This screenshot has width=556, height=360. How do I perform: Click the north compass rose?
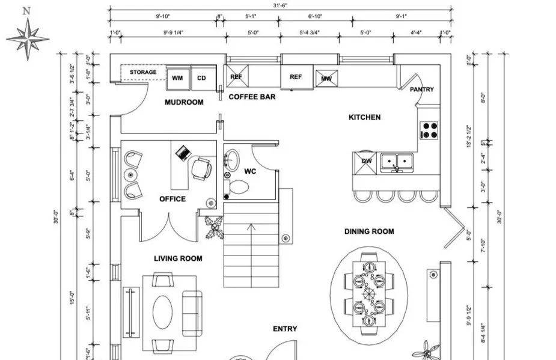(x=28, y=37)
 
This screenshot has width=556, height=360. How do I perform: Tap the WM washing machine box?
(x=177, y=78)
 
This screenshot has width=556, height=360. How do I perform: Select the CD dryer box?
(x=202, y=78)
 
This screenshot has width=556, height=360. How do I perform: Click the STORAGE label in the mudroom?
(x=143, y=72)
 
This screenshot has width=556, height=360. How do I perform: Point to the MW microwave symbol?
(x=326, y=79)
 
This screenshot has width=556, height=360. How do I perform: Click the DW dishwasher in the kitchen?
(x=365, y=161)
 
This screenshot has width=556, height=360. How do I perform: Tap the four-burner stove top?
(x=429, y=130)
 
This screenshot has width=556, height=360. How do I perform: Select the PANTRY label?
(x=422, y=90)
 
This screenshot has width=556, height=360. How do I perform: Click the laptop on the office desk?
(x=183, y=153)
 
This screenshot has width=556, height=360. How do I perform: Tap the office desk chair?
(x=201, y=169)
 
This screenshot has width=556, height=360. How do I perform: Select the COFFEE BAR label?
(x=252, y=96)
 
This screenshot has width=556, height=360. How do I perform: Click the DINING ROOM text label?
(x=369, y=231)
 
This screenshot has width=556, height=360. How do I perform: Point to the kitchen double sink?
(x=397, y=161)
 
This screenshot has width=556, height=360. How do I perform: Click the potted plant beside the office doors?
(x=214, y=228)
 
